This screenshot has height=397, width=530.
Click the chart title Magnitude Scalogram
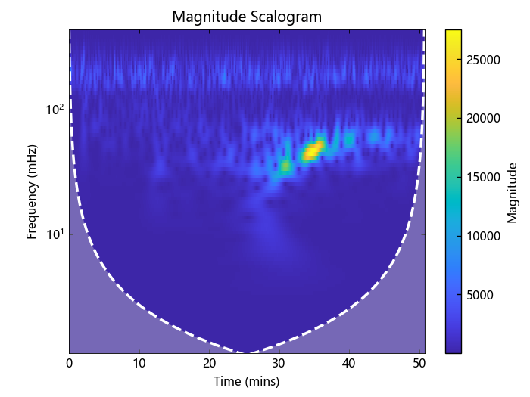coord(247,17)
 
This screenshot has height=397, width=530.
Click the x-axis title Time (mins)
coord(247,382)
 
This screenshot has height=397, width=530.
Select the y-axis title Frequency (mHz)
coord(32,192)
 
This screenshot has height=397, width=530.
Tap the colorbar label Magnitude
coord(513,192)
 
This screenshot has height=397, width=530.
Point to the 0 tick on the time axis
coord(70,364)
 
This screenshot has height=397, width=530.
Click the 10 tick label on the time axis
coord(139,364)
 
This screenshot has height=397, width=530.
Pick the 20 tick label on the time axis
coord(210,364)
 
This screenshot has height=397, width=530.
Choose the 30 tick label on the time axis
coord(279,364)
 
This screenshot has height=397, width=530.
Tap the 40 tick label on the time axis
coord(349,364)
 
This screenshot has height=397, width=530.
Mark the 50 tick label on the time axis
coord(419,364)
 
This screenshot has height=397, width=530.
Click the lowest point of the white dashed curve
coord(247,352)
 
